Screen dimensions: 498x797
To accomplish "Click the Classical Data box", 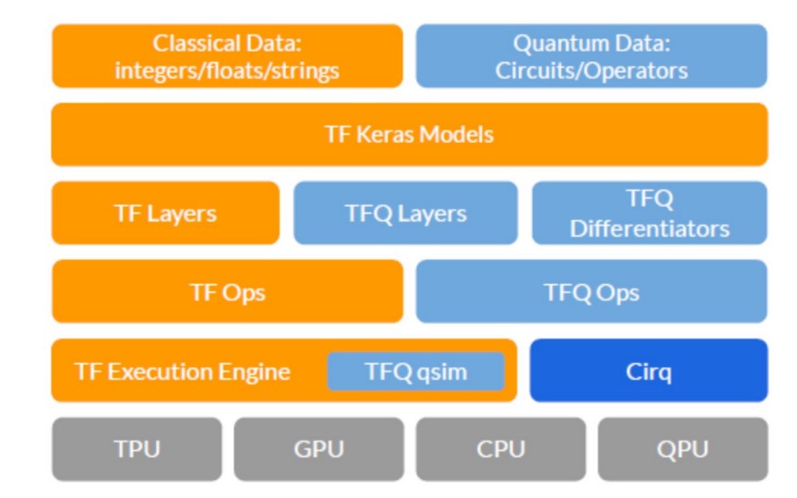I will pos(227,56).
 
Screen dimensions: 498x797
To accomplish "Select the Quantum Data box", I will pos(591,56).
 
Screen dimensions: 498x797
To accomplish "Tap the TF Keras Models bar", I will pos(409,135).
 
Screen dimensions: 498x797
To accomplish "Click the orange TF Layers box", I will pos(165,213).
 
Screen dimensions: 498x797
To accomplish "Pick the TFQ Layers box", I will pos(405,213).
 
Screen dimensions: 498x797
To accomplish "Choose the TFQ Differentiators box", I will pos(649,213).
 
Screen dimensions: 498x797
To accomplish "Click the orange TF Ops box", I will pos(227,292).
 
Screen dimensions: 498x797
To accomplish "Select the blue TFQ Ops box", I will pos(591,292).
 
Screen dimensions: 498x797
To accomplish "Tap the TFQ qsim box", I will pos(415,371).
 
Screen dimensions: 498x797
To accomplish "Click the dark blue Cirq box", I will pos(649,371).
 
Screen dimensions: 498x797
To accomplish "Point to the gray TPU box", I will pos(137,449).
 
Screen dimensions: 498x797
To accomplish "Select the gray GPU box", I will pos(319,449).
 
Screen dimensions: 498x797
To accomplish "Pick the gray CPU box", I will pos(501,449).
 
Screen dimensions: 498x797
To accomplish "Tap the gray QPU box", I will pos(682,449).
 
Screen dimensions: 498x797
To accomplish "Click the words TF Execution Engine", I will pos(182,371).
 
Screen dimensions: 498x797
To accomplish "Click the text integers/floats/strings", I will pos(227,70).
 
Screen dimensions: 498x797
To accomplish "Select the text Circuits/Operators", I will pos(591,70).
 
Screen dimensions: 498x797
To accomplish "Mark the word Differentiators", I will pos(649,228).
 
